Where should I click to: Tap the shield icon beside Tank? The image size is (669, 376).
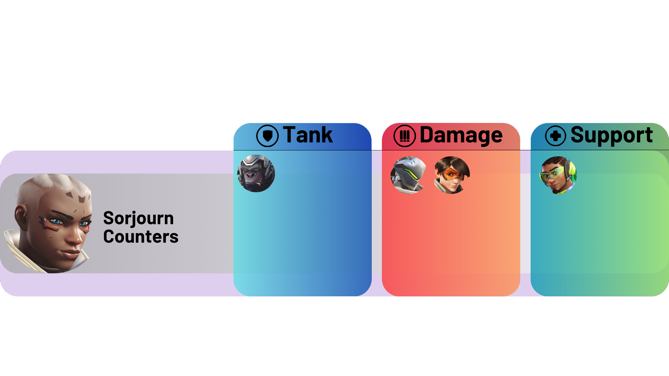[267, 136]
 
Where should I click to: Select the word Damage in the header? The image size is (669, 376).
[461, 135]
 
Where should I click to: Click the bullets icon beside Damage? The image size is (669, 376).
[404, 136]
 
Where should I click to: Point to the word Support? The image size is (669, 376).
[612, 135]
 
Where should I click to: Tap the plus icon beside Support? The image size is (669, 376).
[555, 136]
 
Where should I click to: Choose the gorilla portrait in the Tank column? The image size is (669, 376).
[256, 173]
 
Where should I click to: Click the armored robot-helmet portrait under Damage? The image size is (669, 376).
[408, 175]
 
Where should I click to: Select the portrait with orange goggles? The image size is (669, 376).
[452, 175]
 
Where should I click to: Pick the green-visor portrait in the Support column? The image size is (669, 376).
[558, 175]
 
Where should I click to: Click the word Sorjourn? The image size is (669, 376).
[138, 219]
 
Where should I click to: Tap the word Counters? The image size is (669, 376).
[141, 237]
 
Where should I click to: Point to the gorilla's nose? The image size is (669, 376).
[251, 175]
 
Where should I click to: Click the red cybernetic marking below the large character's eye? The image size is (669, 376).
[51, 227]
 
